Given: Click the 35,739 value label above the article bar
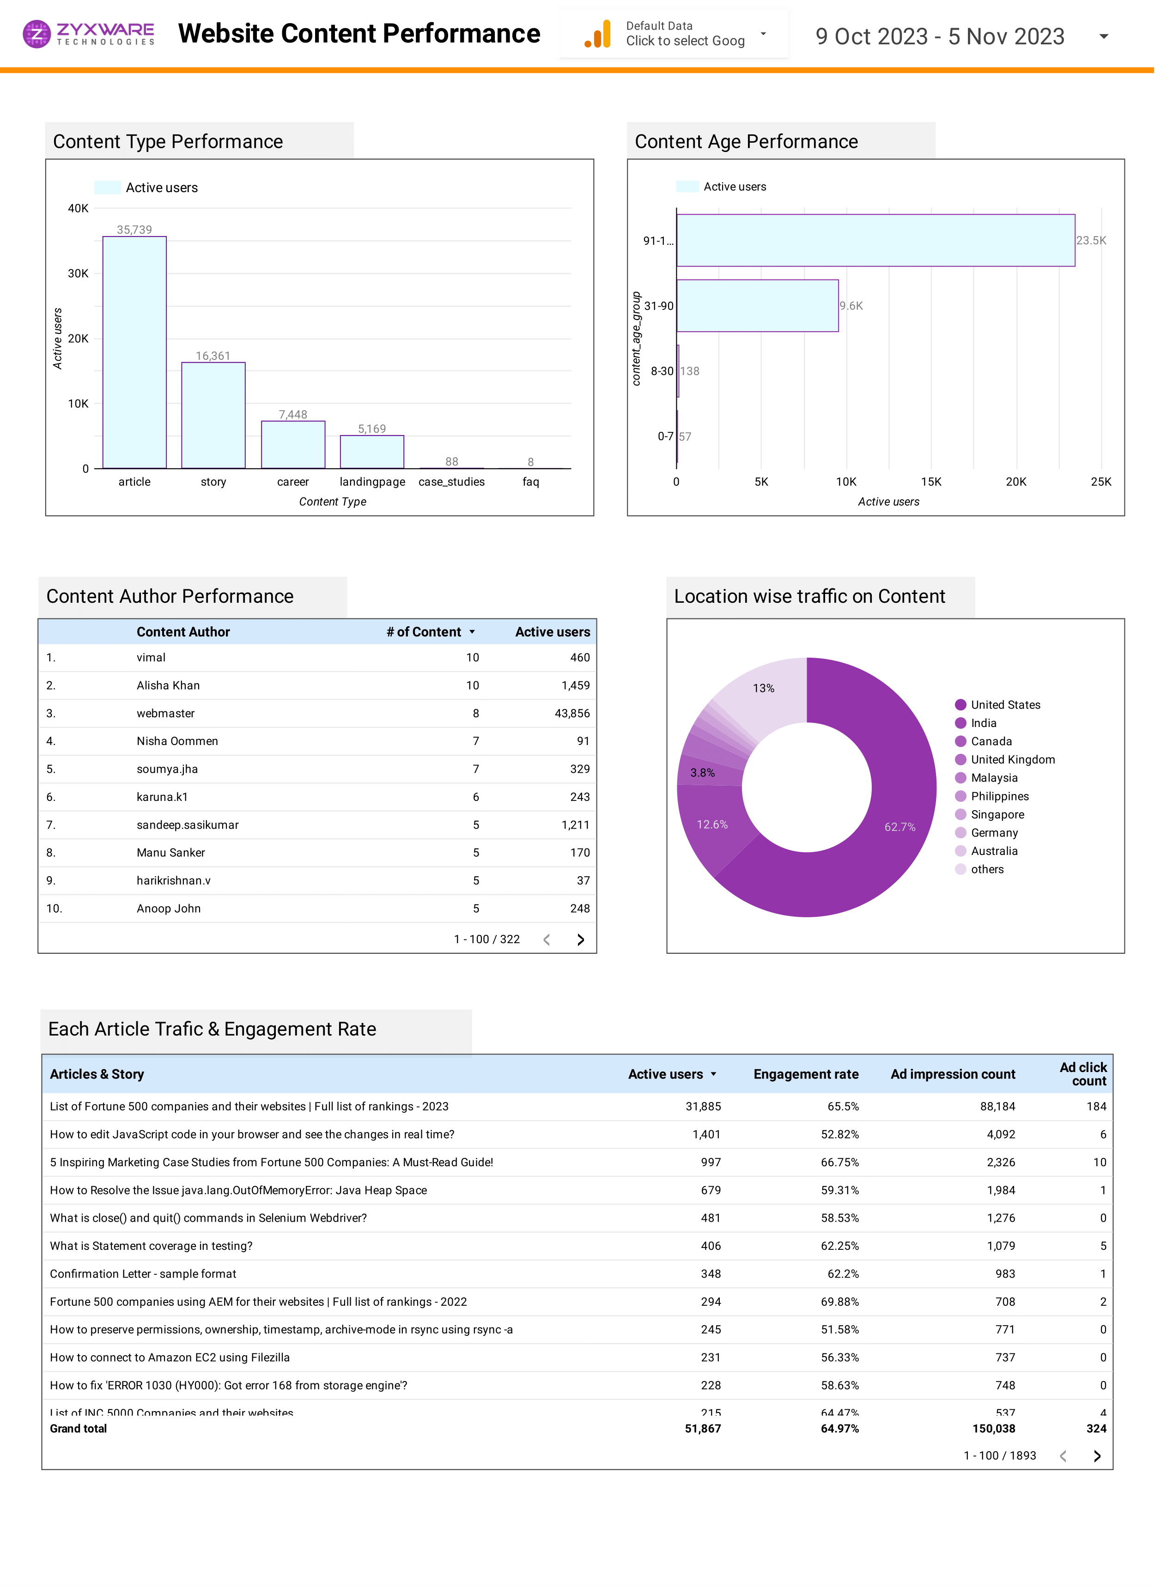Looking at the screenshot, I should point(134,230).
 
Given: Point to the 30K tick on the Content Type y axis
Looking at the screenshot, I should point(78,273).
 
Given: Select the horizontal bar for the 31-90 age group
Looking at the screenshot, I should point(757,306).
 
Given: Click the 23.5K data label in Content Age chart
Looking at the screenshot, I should point(1091,240).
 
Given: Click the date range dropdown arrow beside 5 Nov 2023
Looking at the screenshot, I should point(1103,36).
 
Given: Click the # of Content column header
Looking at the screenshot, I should point(424,632).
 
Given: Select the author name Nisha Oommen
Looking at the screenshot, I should point(177,741).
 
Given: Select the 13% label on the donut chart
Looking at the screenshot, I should point(763,688).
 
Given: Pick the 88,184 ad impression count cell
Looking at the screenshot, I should point(997,1106).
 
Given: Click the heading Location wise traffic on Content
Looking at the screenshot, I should point(809,596).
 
